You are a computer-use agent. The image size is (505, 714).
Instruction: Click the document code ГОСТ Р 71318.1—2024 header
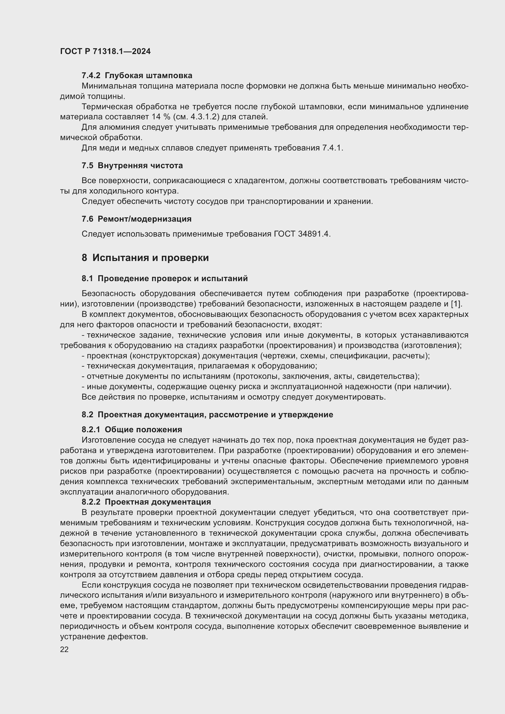[x=105, y=52]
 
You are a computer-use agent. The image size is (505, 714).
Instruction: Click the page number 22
[x=64, y=649]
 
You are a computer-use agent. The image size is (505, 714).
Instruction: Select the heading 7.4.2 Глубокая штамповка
[x=137, y=76]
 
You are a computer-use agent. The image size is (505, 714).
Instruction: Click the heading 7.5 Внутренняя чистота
[x=132, y=165]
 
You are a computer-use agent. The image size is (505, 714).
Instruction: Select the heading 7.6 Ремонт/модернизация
[x=136, y=219]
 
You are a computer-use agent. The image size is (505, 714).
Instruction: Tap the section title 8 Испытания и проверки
[x=145, y=258]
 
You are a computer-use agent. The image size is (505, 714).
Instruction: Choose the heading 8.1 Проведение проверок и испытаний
[x=165, y=278]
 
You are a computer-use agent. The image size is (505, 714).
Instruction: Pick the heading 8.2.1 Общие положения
[x=132, y=429]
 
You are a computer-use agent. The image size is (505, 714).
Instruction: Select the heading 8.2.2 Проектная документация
[x=146, y=502]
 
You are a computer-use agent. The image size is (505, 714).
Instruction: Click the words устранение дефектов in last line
[x=104, y=636]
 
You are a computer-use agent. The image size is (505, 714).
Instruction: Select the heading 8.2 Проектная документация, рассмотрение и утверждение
[x=207, y=415]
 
